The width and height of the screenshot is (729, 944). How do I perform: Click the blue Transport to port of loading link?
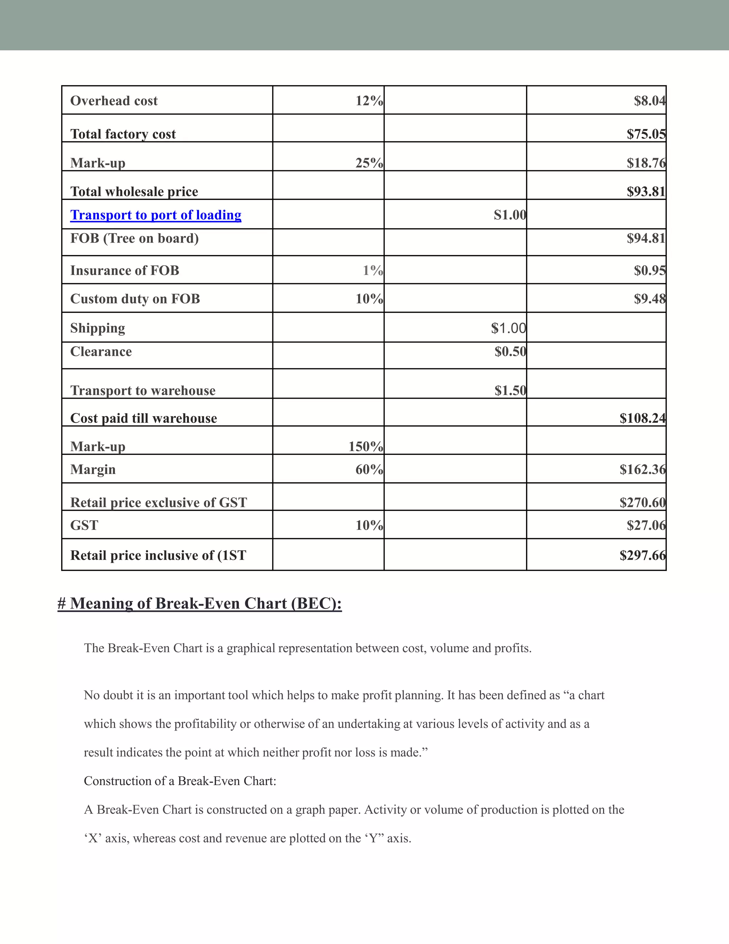tap(156, 215)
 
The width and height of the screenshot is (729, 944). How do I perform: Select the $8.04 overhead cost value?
tap(650, 101)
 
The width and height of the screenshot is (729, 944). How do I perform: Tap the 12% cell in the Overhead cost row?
tap(369, 101)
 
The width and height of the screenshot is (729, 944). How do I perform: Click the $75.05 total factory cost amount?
tap(646, 134)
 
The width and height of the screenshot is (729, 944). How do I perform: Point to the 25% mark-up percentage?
tap(369, 163)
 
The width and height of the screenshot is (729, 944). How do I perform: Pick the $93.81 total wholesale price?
tap(646, 192)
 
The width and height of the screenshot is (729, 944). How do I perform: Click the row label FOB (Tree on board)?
tap(134, 238)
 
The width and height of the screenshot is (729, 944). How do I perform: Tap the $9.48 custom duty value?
tap(650, 299)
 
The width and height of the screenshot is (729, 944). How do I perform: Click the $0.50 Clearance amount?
tap(510, 351)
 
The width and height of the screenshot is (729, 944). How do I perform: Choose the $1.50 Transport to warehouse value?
tap(510, 391)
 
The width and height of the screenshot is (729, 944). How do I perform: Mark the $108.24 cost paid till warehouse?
tap(643, 418)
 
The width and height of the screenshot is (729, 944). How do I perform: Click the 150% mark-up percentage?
tap(365, 446)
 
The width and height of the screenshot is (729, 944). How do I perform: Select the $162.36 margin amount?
tap(643, 470)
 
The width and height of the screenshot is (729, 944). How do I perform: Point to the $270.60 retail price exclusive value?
tap(643, 502)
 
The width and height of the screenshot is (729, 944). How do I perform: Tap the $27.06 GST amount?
tap(646, 525)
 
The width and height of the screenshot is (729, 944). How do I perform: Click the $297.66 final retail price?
tap(643, 555)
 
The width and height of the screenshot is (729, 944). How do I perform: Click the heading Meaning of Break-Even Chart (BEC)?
tap(200, 603)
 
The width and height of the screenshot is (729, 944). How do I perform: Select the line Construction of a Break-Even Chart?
tap(180, 781)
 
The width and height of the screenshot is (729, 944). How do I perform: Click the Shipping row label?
tap(98, 328)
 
